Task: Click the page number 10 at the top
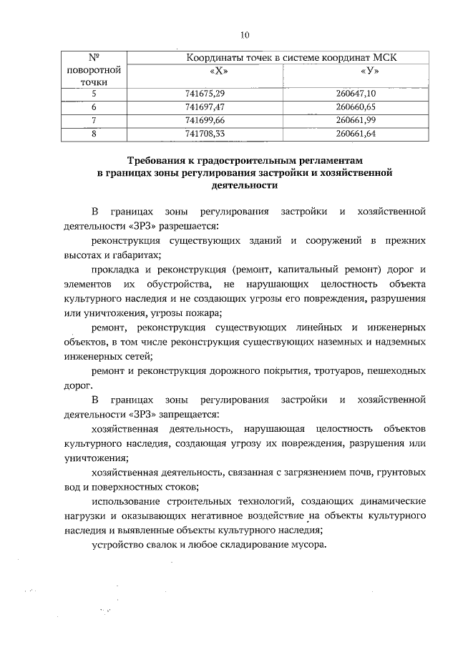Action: [245, 34]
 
